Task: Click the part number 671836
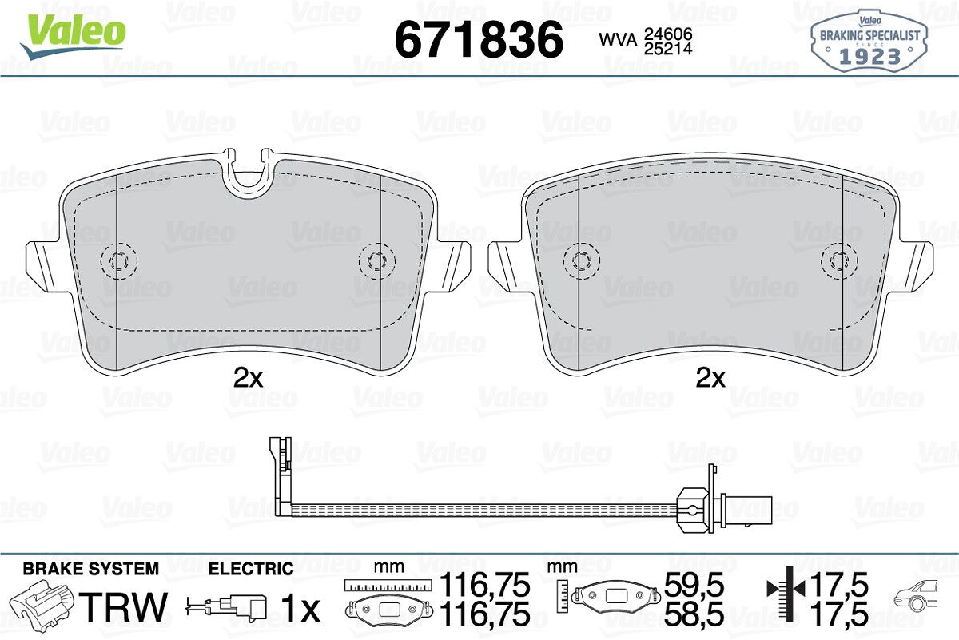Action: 479,40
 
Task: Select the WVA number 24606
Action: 668,34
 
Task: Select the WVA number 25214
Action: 668,49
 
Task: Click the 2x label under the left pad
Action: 249,378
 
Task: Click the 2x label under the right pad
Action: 710,378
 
